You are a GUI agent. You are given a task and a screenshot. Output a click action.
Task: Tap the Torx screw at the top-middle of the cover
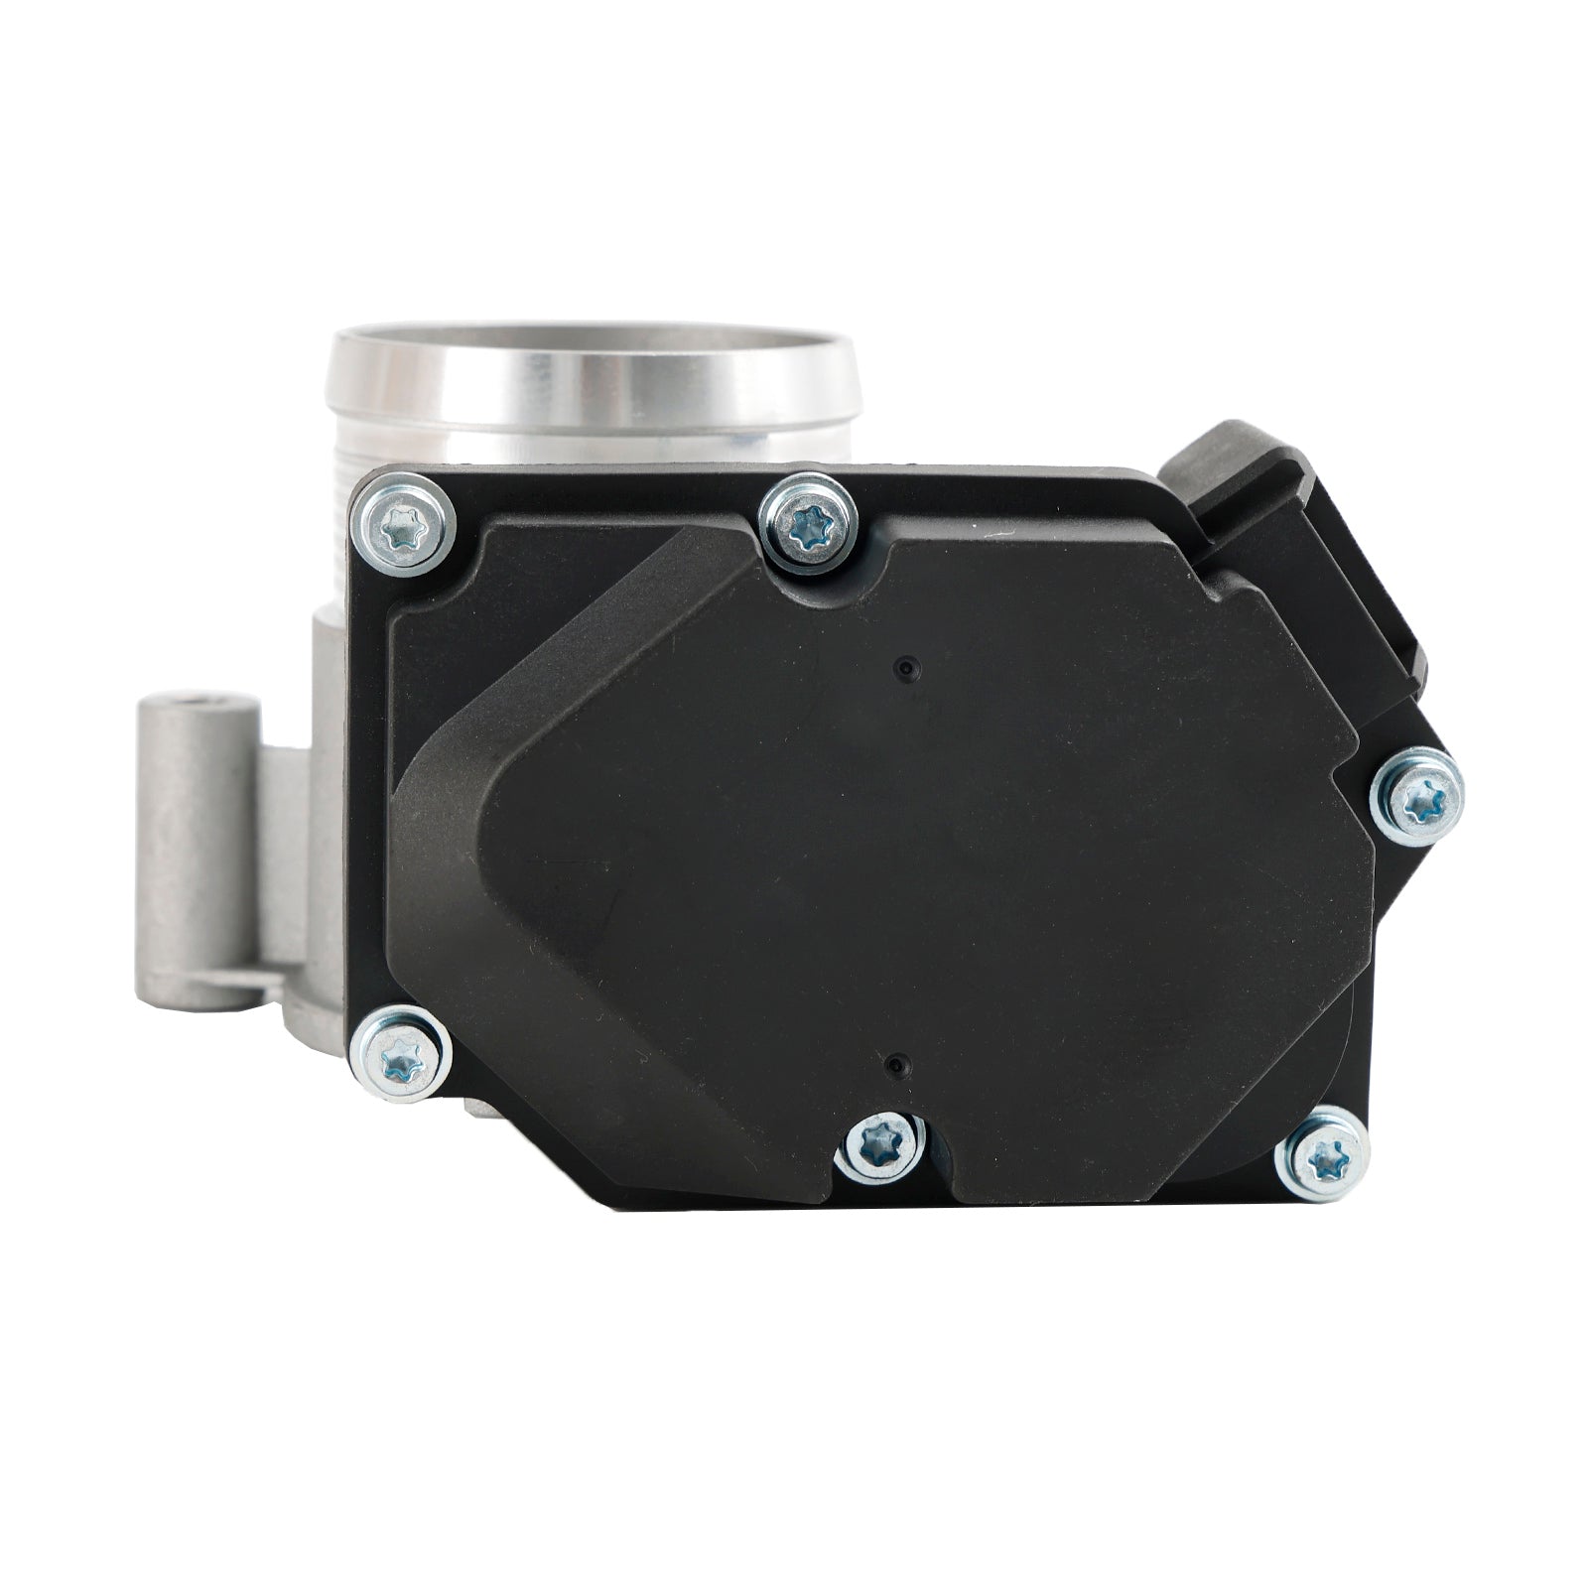pyautogui.click(x=807, y=524)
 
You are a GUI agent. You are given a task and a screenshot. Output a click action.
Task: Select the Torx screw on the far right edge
pyautogui.click(x=1415, y=798)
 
